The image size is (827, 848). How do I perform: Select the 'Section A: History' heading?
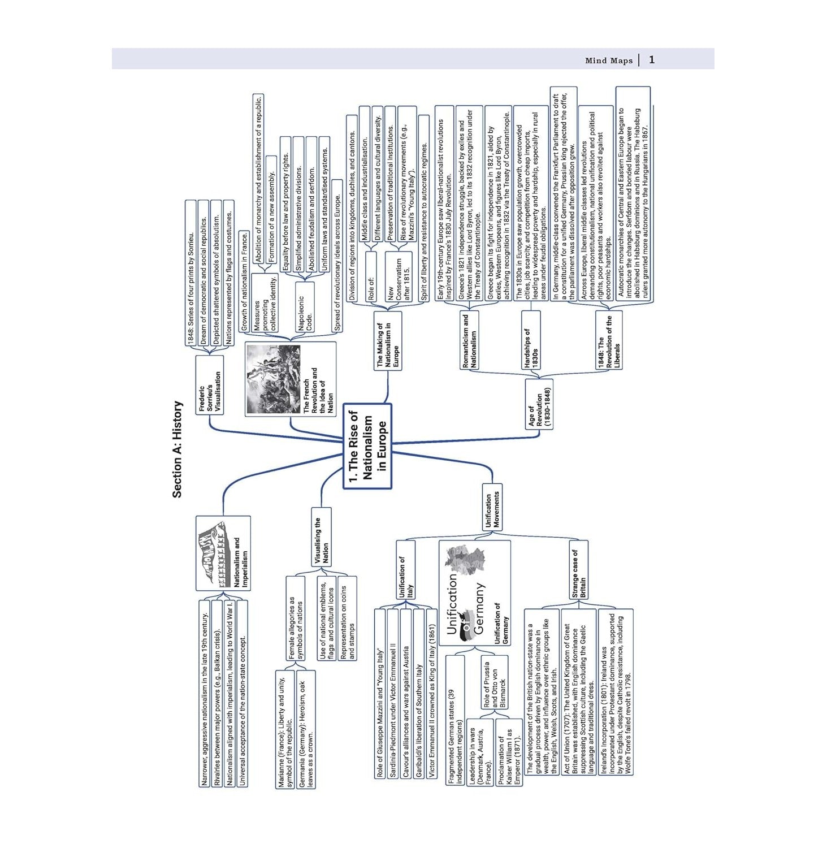click(x=177, y=449)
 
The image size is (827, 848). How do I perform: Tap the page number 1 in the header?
click(x=652, y=59)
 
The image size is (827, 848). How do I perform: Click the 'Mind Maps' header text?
click(x=609, y=60)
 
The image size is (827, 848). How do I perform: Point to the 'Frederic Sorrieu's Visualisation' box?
click(x=210, y=385)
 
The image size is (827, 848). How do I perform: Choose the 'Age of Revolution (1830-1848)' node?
click(x=539, y=404)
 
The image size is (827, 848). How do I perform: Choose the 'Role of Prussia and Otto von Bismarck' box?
click(x=495, y=685)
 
